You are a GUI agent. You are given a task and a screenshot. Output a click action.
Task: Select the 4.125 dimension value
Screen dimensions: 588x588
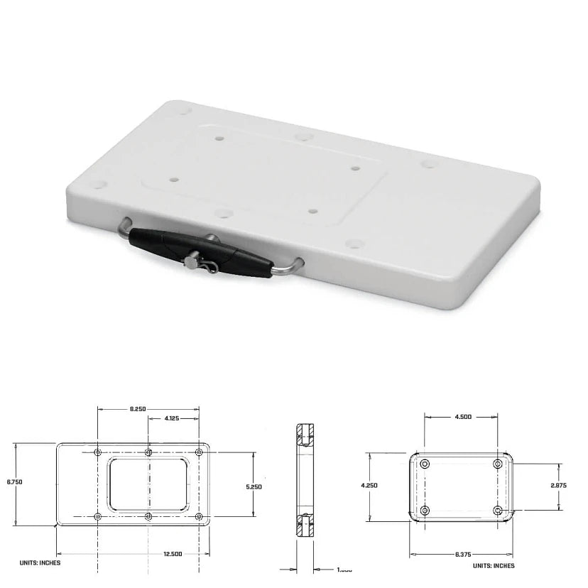click(172, 418)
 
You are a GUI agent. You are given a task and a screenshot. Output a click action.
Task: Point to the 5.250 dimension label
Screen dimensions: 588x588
click(254, 486)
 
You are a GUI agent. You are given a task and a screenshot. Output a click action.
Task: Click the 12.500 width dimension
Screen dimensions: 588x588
click(172, 554)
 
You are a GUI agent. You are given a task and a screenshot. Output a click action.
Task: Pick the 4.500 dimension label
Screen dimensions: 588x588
click(462, 417)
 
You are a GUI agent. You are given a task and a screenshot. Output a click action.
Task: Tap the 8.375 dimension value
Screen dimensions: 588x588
click(462, 554)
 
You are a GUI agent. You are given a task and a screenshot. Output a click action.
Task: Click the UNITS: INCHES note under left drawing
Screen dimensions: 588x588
click(40, 562)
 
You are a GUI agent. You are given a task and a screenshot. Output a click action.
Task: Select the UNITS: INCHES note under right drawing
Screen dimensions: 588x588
click(494, 565)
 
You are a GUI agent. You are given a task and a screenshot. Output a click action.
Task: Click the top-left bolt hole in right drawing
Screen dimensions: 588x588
click(425, 464)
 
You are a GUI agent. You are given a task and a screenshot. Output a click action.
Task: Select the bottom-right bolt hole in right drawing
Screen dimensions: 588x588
click(498, 510)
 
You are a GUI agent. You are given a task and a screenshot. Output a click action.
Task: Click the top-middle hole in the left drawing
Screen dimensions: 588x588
click(148, 452)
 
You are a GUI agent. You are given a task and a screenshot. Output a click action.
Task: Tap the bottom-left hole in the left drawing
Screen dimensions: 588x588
click(97, 516)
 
